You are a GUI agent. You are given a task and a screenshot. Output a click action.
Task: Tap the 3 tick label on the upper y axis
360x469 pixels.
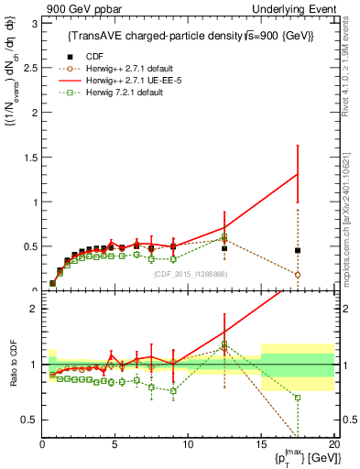(35, 23)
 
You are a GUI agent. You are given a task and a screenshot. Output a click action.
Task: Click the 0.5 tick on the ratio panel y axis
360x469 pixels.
(31, 420)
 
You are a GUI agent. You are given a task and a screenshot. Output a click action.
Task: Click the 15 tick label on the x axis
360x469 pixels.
(261, 446)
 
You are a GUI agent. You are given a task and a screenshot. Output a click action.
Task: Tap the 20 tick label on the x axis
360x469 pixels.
(333, 446)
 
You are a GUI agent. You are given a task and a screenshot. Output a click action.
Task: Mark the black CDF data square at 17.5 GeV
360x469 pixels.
(298, 250)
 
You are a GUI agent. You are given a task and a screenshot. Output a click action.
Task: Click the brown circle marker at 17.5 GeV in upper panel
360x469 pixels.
(298, 274)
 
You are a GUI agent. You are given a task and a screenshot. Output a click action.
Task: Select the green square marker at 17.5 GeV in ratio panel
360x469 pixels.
(298, 397)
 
